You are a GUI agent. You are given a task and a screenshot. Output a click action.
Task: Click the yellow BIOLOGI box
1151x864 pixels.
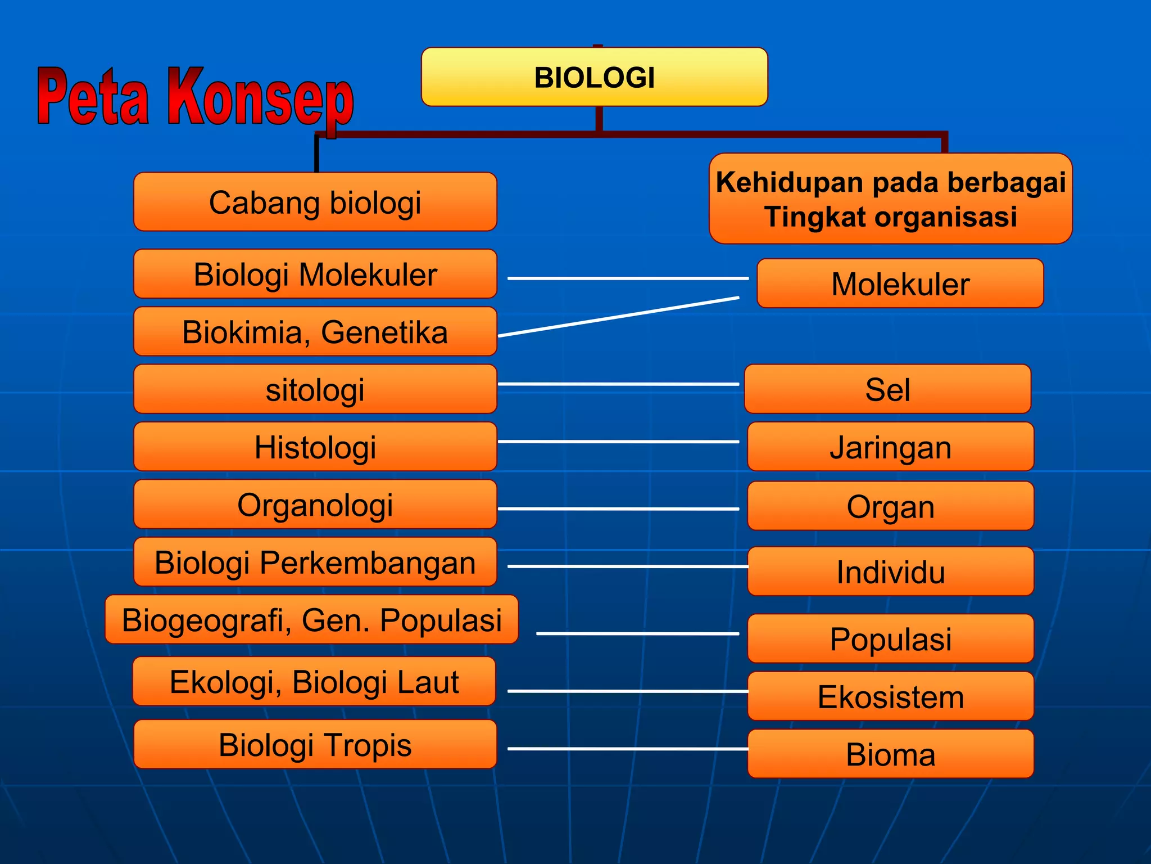[x=594, y=77]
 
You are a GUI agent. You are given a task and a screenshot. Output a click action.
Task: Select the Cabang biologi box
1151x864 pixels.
[x=315, y=202]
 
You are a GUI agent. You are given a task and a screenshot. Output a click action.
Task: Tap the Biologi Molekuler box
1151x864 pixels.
[x=315, y=274]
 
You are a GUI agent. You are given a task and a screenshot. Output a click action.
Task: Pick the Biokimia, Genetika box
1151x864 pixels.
[x=315, y=332]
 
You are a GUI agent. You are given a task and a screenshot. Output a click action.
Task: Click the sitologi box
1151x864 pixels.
[x=315, y=389]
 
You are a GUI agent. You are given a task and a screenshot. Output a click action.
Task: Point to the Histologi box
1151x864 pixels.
[x=315, y=447]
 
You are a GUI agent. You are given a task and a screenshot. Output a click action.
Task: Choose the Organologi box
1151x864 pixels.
[x=315, y=505]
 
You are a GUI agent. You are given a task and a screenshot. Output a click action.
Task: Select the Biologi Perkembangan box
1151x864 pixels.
[x=315, y=562]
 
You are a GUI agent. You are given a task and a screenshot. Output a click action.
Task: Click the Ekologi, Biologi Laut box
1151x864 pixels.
[x=314, y=682]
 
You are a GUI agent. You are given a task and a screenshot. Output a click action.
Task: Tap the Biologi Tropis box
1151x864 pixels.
[x=315, y=744]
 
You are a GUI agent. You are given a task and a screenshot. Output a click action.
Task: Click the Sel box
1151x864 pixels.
[x=887, y=389]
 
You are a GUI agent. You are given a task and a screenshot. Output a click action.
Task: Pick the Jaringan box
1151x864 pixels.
[x=890, y=447]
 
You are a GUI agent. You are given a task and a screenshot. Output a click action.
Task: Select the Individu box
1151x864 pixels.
[x=890, y=571]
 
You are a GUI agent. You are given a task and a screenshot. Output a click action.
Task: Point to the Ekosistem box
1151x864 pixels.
[x=890, y=696]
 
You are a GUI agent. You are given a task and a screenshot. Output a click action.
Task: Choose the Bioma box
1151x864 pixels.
[x=890, y=754]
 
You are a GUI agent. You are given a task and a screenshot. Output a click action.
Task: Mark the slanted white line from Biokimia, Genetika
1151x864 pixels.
[x=618, y=317]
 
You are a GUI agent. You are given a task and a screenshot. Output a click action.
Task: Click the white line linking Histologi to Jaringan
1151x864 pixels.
[x=618, y=442]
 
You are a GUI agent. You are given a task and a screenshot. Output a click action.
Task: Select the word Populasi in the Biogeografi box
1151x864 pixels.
[x=441, y=620]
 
